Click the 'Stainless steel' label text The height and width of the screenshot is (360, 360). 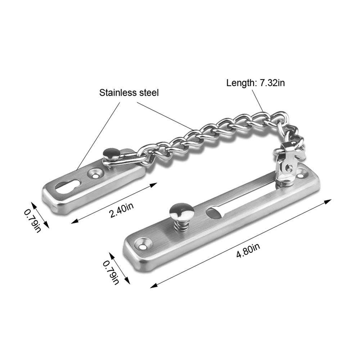pos(129,93)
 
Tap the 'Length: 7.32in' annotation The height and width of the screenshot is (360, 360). pos(256,83)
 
